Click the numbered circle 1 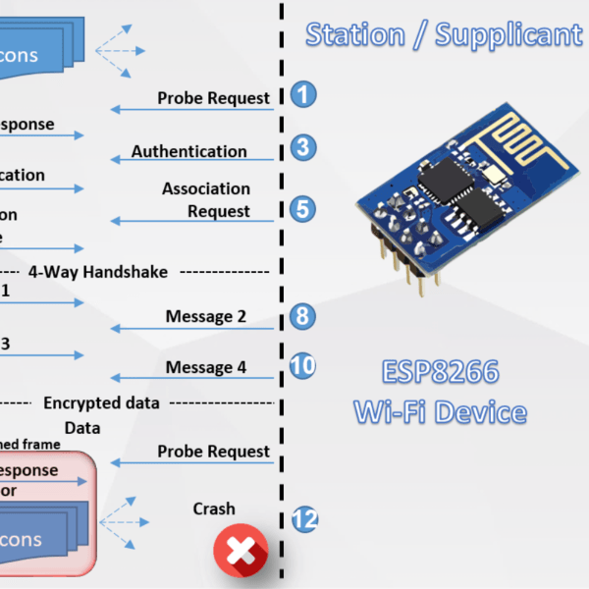click(304, 95)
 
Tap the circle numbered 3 click(304, 147)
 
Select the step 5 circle click(304, 207)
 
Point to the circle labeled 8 click(304, 315)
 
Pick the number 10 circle click(303, 365)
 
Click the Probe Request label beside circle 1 click(214, 98)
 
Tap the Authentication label click(189, 151)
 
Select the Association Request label click(207, 199)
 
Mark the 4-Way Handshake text click(98, 271)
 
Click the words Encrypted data click(102, 402)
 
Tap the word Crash click(214, 509)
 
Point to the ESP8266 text click(440, 373)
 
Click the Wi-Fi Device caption click(440, 410)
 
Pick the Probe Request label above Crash click(214, 452)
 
